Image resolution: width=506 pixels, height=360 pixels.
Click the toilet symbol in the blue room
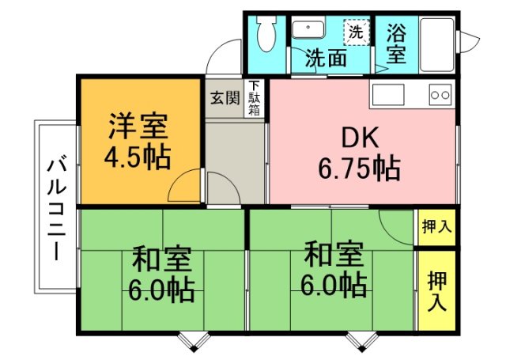[267, 33]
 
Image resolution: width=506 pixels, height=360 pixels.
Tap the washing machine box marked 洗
[357, 32]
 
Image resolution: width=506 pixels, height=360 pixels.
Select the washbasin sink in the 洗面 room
[308, 29]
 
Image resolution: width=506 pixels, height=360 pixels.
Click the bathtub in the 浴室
[437, 44]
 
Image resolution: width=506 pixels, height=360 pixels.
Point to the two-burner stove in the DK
[440, 95]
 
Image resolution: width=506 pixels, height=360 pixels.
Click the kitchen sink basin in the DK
[388, 95]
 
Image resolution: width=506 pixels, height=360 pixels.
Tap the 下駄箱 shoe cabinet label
[255, 98]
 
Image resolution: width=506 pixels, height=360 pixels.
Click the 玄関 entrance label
[225, 98]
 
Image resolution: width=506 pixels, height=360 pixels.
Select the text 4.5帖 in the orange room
[138, 158]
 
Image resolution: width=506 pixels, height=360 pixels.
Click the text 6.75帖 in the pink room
[360, 169]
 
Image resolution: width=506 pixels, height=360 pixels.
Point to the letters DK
[360, 138]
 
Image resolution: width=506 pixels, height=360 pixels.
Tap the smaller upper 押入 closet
[436, 227]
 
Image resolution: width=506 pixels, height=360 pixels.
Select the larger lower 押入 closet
[436, 290]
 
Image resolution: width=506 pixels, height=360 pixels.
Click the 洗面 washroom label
[326, 59]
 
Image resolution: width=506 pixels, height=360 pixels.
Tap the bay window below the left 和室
[194, 342]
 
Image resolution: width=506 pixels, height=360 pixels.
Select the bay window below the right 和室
[362, 342]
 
